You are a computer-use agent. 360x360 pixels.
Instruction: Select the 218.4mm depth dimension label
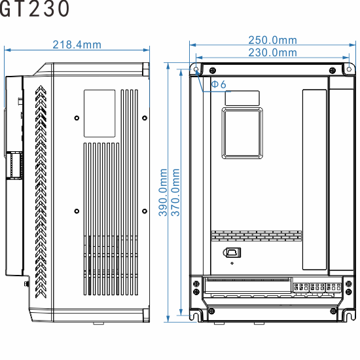(77, 45)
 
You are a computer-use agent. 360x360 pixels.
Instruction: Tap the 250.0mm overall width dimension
(272, 41)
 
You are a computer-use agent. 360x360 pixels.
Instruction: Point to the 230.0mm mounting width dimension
(272, 52)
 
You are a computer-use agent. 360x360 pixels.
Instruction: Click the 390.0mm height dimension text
(164, 192)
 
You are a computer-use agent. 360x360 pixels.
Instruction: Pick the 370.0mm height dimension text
(175, 192)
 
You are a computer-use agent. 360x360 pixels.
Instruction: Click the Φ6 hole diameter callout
(219, 84)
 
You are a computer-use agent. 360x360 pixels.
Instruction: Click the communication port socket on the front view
(232, 252)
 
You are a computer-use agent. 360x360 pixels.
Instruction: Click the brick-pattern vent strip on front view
(256, 234)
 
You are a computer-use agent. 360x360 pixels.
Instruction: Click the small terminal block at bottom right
(316, 288)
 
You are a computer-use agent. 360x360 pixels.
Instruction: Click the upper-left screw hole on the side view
(77, 118)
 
